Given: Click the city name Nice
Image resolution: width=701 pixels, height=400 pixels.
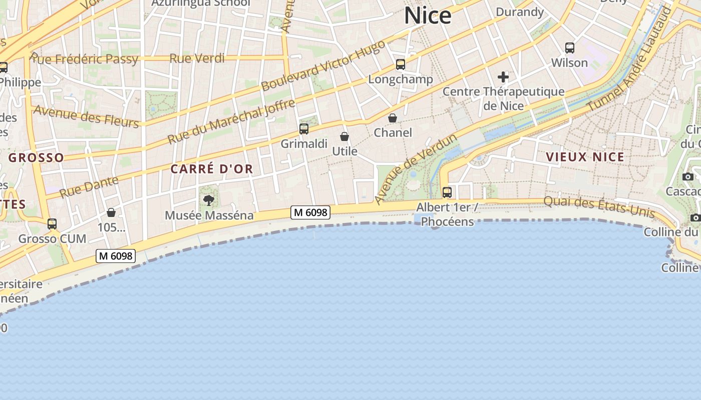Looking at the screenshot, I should [428, 15].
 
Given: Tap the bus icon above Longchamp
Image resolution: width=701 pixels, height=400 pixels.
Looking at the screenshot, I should [401, 64].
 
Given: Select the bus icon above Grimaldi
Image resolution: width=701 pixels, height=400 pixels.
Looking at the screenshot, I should [304, 129].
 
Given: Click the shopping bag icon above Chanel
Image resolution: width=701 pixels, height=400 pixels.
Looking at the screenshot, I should [393, 118].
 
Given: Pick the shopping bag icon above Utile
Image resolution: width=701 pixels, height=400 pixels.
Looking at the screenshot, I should [344, 136].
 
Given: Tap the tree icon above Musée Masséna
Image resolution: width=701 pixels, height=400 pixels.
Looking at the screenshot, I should [209, 200].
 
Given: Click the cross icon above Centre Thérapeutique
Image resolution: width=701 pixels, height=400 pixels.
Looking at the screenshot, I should [503, 77].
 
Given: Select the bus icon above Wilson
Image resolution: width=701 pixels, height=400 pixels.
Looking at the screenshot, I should [570, 48].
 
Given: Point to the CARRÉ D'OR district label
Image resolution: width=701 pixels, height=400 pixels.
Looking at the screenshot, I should [212, 169].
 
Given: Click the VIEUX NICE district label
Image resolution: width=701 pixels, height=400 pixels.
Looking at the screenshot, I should [585, 157].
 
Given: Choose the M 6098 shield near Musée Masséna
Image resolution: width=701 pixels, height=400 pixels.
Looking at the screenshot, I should [310, 212].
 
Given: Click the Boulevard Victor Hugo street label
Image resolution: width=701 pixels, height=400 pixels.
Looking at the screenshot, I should [323, 65].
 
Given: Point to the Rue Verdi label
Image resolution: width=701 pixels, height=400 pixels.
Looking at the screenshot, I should [197, 58].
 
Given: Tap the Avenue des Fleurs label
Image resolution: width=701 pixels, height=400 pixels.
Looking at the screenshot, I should [86, 116].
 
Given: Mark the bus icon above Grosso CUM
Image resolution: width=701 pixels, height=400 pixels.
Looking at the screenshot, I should [52, 224].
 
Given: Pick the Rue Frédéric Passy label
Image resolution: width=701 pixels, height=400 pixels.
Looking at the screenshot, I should [84, 58].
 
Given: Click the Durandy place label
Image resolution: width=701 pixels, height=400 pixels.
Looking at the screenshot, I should [520, 12].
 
